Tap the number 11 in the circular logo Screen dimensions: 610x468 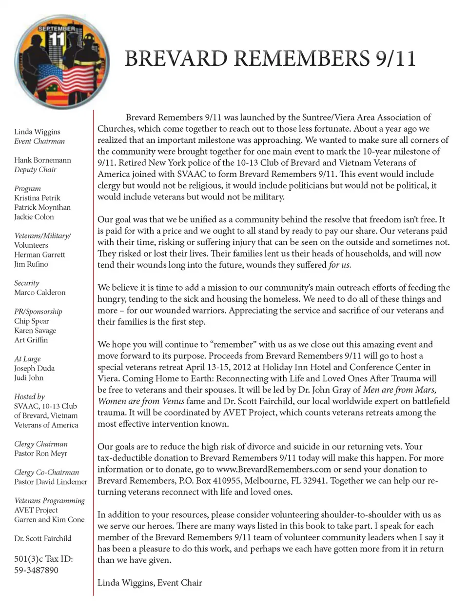click(57, 38)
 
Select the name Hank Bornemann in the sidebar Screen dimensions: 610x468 click(42, 160)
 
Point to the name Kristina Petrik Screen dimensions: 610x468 click(37, 198)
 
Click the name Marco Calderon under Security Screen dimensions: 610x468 click(39, 293)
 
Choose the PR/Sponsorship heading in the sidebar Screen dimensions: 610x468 click(38, 312)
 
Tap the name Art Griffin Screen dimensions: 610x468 click(31, 340)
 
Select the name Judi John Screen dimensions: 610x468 click(29, 378)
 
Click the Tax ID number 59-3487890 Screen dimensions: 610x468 click(36, 570)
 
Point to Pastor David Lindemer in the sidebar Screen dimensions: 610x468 click(51, 482)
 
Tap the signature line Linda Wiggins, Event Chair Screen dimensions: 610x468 click(150, 583)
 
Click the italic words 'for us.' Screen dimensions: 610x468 click(340, 265)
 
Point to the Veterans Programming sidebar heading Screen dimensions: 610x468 click(49, 501)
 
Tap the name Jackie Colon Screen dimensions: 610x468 click(34, 217)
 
